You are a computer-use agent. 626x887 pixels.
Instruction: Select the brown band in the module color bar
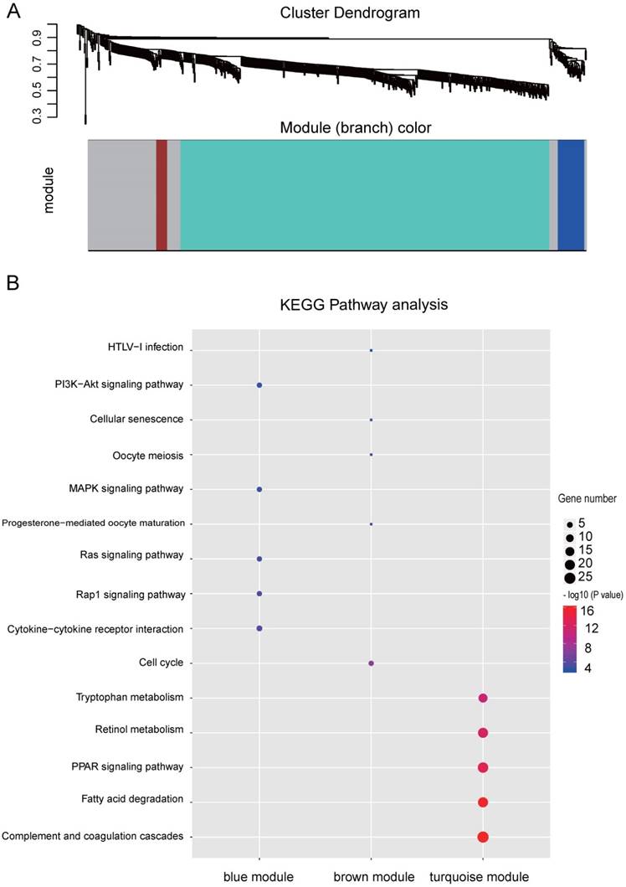(x=162, y=194)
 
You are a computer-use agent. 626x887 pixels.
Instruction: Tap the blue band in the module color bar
(x=571, y=194)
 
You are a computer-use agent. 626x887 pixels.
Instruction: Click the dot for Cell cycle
(x=371, y=663)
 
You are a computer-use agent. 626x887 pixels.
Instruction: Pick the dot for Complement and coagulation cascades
(x=483, y=837)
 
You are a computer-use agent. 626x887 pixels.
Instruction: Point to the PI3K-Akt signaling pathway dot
(x=259, y=385)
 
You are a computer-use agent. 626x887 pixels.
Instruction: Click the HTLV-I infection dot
(x=371, y=350)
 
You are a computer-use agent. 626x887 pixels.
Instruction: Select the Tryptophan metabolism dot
(x=483, y=699)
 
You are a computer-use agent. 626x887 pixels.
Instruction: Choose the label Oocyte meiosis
(x=147, y=456)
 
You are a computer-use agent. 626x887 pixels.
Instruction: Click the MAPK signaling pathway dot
(x=259, y=489)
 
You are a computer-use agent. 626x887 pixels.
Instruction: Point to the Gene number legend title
(x=588, y=498)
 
